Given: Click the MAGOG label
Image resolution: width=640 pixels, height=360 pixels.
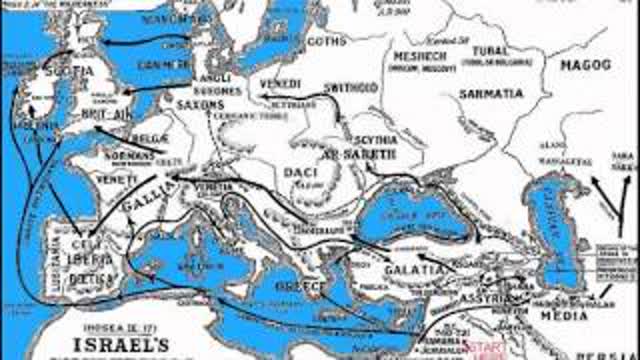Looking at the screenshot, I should pyautogui.click(x=585, y=64).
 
